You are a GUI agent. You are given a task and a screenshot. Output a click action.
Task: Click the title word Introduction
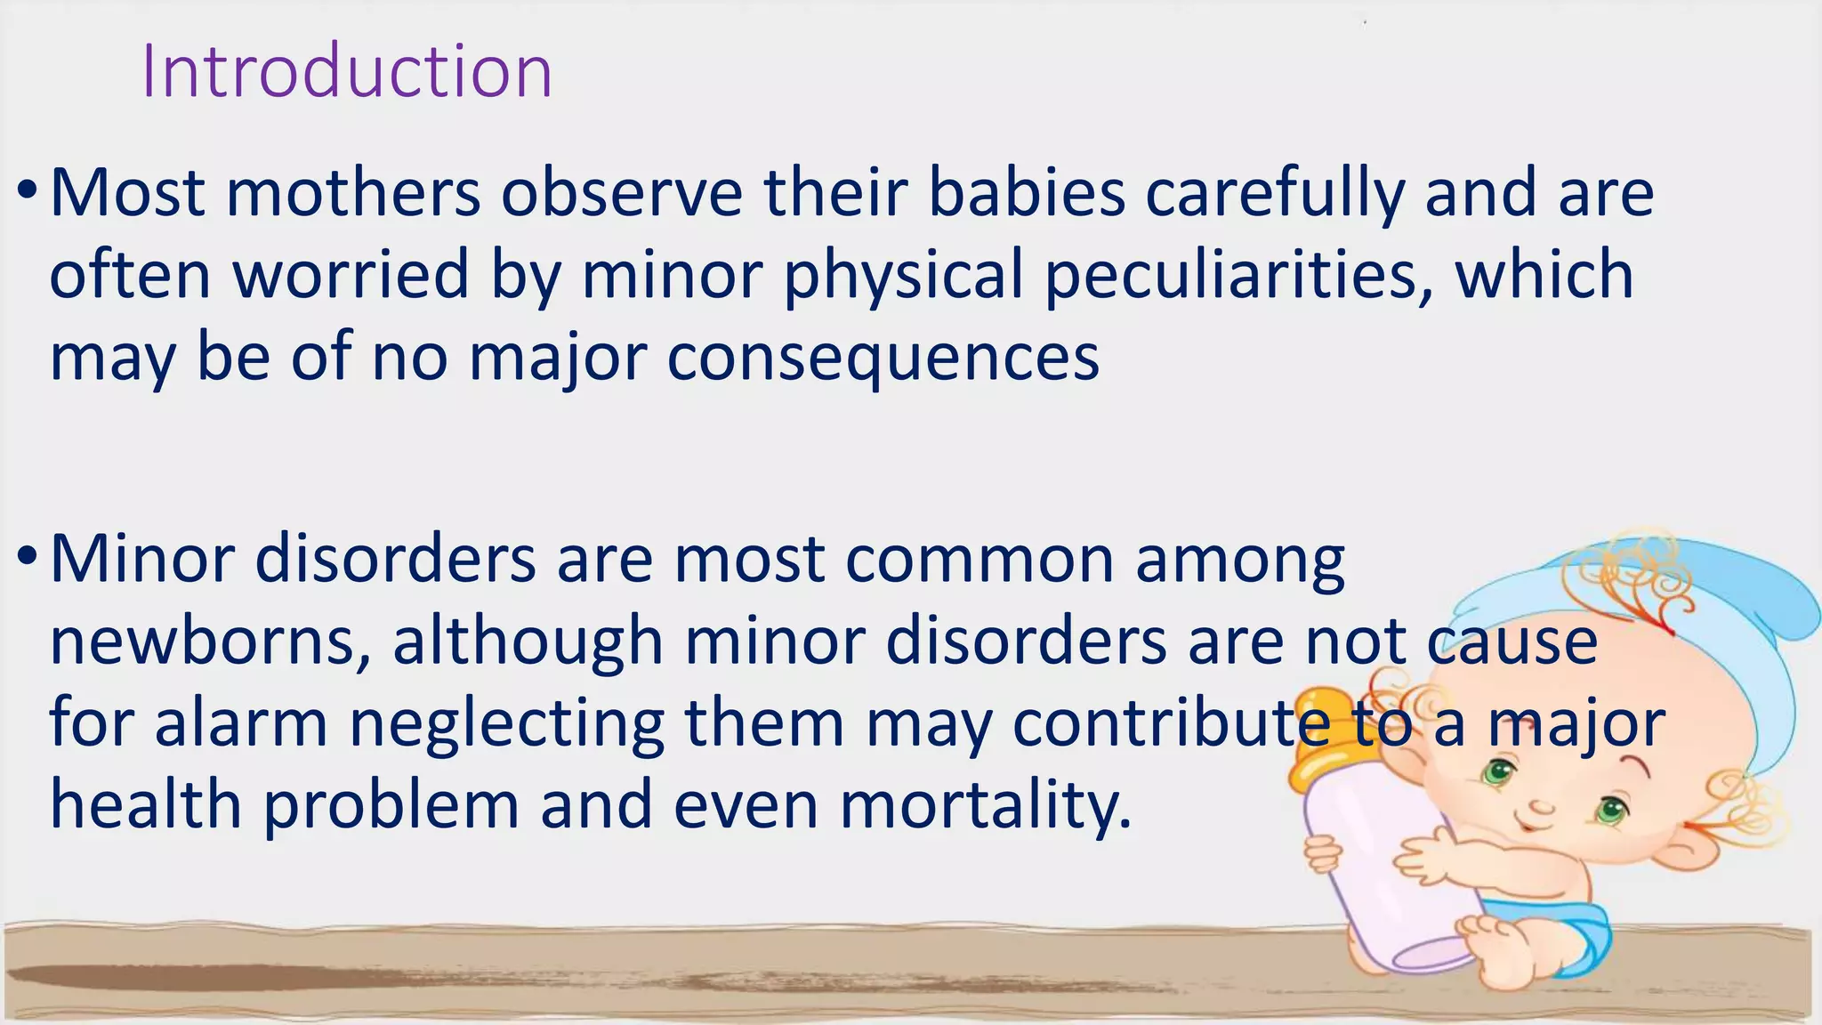pos(347,71)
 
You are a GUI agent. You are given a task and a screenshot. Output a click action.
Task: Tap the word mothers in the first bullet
pos(353,192)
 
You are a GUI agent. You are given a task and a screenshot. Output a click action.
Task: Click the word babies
pos(1027,192)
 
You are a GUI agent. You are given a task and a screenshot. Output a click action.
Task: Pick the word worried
pos(351,275)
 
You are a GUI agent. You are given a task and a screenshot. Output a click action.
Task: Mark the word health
pos(146,804)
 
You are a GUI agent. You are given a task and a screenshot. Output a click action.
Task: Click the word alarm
pos(241,722)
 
